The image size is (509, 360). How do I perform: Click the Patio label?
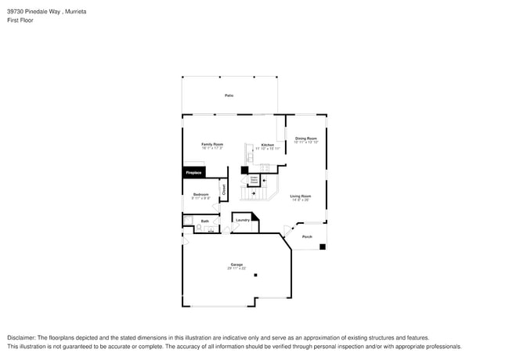click(x=229, y=95)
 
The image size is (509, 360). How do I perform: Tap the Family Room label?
click(x=212, y=144)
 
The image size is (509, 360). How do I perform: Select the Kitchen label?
click(x=268, y=146)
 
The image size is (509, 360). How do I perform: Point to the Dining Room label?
click(x=306, y=139)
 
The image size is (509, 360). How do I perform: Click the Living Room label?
click(x=301, y=196)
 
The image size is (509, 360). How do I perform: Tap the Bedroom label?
click(x=200, y=193)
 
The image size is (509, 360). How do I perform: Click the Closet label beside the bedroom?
click(x=223, y=189)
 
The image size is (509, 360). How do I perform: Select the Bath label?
click(x=205, y=221)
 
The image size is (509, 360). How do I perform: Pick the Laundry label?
click(x=243, y=220)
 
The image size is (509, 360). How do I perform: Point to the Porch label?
click(x=307, y=236)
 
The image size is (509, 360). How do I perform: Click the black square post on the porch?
click(x=323, y=247)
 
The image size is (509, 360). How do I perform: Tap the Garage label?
click(x=236, y=264)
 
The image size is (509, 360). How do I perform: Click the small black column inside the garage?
click(x=255, y=275)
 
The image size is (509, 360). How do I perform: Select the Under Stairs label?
click(x=254, y=179)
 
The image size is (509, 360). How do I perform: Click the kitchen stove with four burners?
click(x=265, y=167)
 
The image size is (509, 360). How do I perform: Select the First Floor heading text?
click(x=20, y=21)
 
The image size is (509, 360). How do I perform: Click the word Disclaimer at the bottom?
click(x=23, y=337)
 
